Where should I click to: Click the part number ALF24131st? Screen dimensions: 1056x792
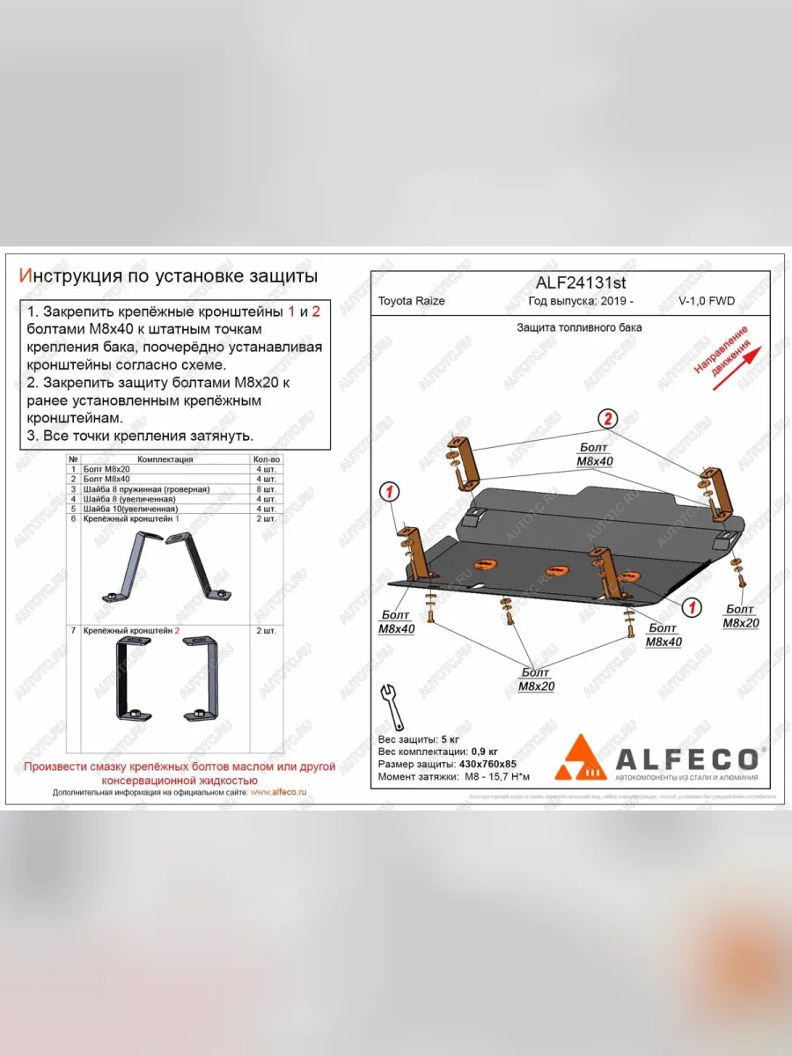pos(581,282)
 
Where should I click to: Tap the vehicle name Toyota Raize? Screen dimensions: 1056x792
pos(411,301)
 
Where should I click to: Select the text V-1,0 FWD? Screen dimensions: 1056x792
pos(707,301)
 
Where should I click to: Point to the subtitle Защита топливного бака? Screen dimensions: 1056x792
pos(579,327)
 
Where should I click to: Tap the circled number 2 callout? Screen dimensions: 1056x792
pos(607,417)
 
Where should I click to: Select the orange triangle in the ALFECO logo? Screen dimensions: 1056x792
pos(580,759)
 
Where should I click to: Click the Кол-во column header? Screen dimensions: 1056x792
pos(267,459)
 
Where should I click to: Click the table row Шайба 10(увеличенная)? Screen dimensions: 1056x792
pos(131,509)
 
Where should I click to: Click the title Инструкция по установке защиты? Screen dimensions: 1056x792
pos(168,276)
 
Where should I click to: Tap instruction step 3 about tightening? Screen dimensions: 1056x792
pos(140,436)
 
